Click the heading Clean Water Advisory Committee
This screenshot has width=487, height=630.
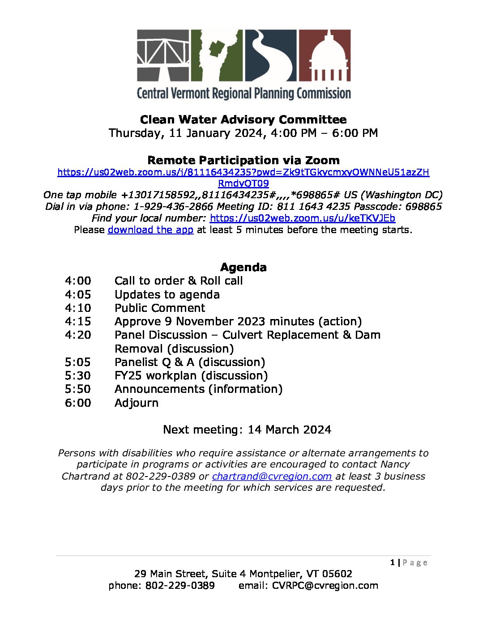coord(243,120)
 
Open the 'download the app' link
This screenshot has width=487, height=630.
coord(150,230)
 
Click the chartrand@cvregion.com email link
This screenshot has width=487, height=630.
coord(272,477)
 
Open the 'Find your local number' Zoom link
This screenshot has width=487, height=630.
coord(302,218)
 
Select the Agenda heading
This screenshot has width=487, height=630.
coord(243,268)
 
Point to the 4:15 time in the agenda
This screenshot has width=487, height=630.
coord(78,322)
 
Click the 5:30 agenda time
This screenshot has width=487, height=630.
coord(78,376)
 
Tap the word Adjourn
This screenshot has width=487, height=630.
coord(137,403)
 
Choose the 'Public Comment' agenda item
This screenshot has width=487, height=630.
coord(160,308)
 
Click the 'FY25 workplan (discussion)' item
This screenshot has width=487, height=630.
coord(191,376)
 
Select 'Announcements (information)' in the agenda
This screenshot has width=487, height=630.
coord(198,389)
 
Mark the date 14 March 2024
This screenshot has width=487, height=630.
coord(289,430)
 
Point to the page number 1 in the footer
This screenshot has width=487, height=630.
coord(393,563)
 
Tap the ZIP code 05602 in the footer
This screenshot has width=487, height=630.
coord(337,574)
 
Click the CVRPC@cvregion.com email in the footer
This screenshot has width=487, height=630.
coord(325,586)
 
